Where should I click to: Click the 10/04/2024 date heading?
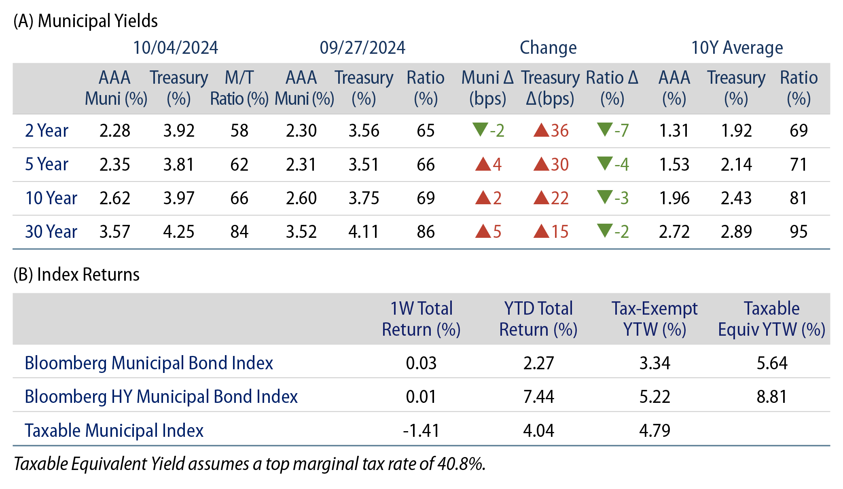175,48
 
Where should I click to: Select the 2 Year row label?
47,131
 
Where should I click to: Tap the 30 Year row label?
51,232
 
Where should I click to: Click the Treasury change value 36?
559,131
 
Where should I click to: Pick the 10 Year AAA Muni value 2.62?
115,198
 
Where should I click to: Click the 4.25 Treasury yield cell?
178,232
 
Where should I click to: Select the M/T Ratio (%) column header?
239,88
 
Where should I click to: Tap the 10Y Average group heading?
737,48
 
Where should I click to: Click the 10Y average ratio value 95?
798,232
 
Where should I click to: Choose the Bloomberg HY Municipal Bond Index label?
161,397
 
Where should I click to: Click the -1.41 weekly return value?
421,430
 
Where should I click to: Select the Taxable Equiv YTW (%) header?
771,319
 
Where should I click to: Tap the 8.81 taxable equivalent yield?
771,397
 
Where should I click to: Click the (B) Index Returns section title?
76,275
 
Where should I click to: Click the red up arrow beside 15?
541,231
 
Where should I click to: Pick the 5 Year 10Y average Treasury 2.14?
736,165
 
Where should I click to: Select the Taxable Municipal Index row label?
114,430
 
